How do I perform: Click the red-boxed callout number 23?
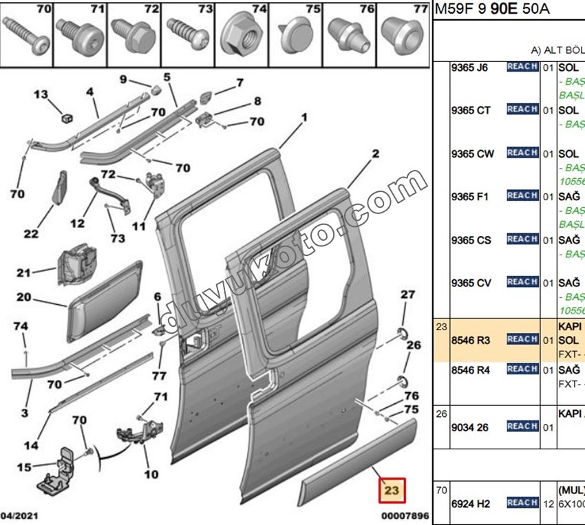[x=392, y=491]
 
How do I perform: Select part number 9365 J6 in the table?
[x=469, y=68]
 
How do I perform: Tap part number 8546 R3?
[x=469, y=339]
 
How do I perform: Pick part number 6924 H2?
[x=470, y=504]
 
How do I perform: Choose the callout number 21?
[x=24, y=272]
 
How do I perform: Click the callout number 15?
[x=24, y=467]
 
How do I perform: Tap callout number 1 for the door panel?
[x=301, y=117]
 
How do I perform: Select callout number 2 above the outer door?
[x=376, y=154]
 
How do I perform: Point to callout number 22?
[x=31, y=234]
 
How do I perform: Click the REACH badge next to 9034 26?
[x=522, y=427]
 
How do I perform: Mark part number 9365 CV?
[x=471, y=283]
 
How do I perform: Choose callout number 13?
[x=41, y=94]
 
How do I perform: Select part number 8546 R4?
[x=469, y=370]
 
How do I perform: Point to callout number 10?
[x=151, y=474]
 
